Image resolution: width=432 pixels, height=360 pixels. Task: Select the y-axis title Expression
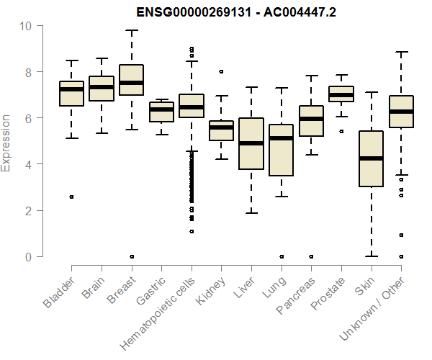(x=6, y=142)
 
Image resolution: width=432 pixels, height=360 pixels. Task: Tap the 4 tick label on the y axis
(x=27, y=164)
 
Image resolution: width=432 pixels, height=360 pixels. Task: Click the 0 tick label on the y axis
(x=27, y=256)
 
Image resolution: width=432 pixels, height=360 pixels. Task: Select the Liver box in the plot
(x=251, y=143)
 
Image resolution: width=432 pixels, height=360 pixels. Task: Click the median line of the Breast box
(x=131, y=83)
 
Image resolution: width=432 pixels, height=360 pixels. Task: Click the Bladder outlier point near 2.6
(x=71, y=197)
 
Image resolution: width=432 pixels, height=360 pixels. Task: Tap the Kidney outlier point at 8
(x=221, y=71)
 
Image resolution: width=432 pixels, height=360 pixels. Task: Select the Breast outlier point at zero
(x=131, y=256)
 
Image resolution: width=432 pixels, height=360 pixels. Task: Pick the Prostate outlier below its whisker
(x=341, y=132)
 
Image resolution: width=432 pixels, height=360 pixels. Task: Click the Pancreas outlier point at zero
(x=310, y=256)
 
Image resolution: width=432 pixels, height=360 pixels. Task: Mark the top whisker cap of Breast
(x=131, y=30)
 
